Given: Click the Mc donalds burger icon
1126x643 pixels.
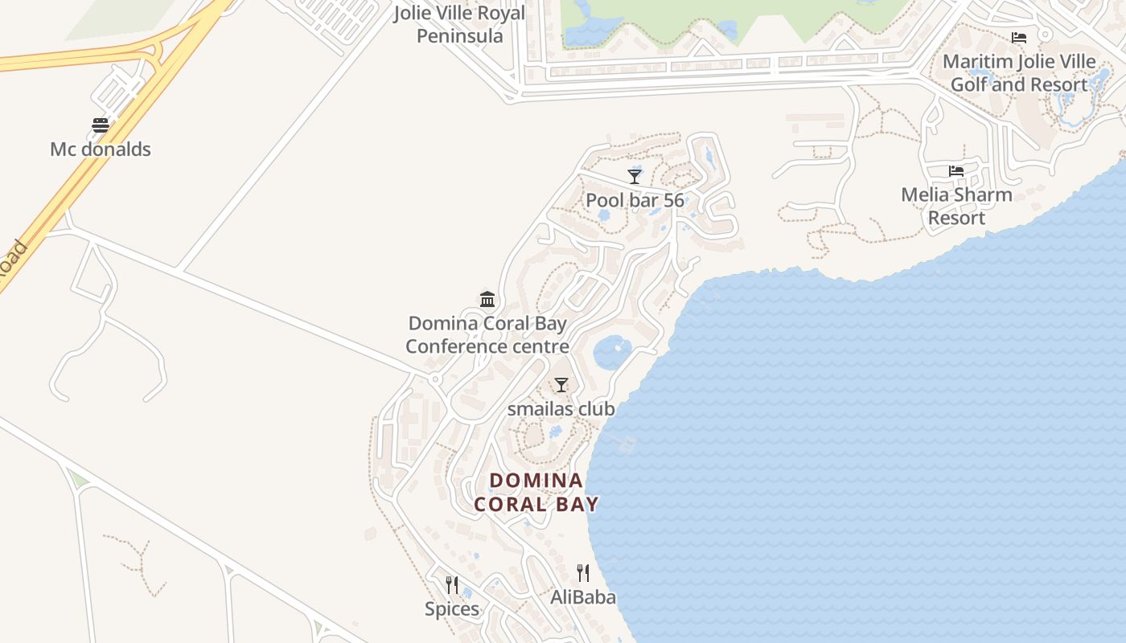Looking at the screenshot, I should click(101, 125).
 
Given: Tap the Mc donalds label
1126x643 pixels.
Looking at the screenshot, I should click(101, 149).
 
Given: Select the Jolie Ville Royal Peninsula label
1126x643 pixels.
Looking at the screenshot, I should click(459, 24).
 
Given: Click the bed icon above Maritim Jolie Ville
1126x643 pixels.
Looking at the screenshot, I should click(1019, 38).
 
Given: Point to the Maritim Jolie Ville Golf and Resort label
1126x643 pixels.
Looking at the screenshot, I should click(1019, 73).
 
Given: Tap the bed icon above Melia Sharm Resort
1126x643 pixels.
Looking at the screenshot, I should click(956, 171).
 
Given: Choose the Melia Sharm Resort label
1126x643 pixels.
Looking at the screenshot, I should click(956, 206).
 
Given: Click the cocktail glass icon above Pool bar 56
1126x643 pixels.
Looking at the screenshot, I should click(635, 177).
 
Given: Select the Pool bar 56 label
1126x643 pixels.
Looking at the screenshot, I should click(635, 200).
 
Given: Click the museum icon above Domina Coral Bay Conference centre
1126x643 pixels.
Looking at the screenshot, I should click(487, 300).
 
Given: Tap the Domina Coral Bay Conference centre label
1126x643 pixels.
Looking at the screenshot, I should click(487, 335).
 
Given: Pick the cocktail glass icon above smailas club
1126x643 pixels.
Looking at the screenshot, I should click(561, 385).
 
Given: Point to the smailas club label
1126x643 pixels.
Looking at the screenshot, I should click(561, 409).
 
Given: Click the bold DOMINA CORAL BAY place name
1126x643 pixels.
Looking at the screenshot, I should click(536, 492).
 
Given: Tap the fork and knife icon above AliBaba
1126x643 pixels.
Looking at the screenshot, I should click(583, 573).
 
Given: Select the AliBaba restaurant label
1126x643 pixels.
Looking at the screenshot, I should click(583, 597).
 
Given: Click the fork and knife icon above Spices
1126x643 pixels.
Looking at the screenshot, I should click(452, 585).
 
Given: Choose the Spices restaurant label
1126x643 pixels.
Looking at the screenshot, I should click(452, 609).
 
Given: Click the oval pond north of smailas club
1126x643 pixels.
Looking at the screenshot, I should click(612, 352).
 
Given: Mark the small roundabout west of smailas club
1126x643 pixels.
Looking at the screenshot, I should click(435, 379).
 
